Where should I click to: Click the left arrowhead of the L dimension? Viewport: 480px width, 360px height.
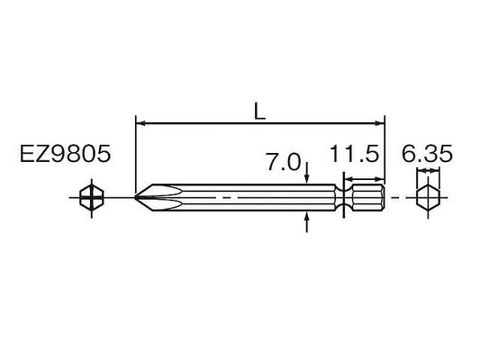pyautogui.click(x=139, y=120)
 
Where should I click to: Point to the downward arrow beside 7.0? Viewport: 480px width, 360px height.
pyautogui.click(x=308, y=176)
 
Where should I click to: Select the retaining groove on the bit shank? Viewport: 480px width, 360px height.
pyautogui.click(x=346, y=197)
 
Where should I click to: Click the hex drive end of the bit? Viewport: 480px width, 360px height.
pyautogui.click(x=369, y=197)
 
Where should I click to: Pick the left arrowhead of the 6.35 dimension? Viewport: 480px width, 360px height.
pyautogui.click(x=419, y=179)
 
